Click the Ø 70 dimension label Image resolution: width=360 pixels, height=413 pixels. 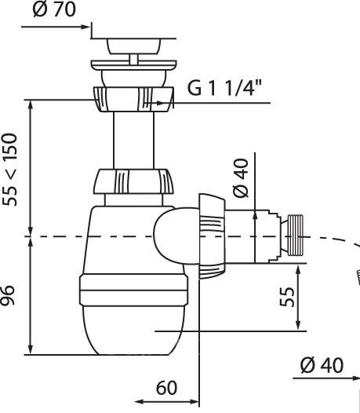click(54, 9)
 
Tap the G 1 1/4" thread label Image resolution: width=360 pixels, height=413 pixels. click(224, 88)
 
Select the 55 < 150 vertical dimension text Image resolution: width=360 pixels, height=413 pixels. click(9, 170)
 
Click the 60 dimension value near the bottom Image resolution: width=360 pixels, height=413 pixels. click(166, 387)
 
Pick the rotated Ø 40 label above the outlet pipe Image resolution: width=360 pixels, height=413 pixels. click(241, 177)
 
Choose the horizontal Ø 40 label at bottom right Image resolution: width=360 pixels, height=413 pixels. click(322, 365)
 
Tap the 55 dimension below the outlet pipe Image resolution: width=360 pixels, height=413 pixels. click(287, 297)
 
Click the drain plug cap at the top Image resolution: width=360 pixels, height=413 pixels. click(133, 46)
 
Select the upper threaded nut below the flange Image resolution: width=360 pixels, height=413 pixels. click(133, 99)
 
